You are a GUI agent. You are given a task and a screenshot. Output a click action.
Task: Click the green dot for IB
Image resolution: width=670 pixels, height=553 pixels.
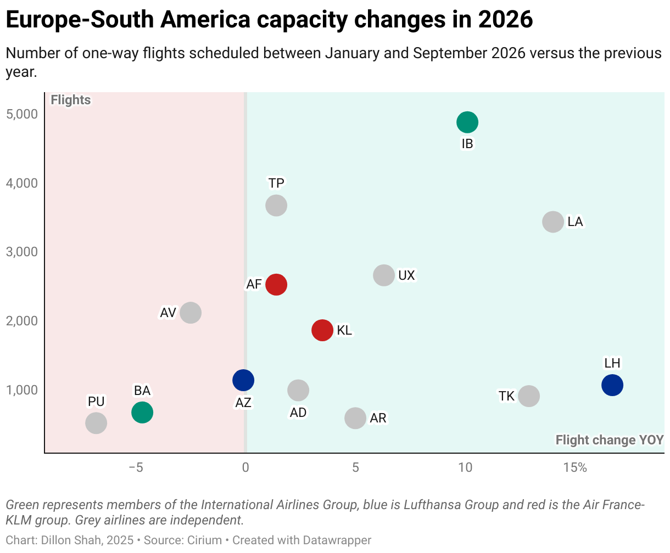point(467,122)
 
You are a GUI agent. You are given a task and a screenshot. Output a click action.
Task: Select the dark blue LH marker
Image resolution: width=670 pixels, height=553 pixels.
point(612,385)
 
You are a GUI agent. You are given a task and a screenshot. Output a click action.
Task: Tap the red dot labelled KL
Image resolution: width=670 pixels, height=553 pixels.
point(322,330)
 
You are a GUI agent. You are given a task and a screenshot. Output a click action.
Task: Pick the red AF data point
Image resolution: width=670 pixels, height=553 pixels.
point(276,284)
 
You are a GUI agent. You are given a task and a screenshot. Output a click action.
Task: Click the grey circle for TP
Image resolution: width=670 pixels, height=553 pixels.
point(276,205)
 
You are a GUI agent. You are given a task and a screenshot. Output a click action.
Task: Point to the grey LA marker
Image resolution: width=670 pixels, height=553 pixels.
point(552,222)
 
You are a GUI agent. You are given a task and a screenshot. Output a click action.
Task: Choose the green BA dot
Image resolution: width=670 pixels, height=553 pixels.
point(142,412)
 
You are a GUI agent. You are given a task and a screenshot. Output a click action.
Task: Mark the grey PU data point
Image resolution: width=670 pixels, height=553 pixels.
point(96,423)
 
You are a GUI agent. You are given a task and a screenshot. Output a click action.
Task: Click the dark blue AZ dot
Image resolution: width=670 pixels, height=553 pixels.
point(243,380)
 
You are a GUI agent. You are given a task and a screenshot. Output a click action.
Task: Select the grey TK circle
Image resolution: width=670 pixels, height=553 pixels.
point(528,396)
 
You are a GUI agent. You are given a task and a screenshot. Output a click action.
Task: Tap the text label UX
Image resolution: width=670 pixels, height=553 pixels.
point(406,275)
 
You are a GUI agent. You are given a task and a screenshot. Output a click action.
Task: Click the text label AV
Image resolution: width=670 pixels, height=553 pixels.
point(168,313)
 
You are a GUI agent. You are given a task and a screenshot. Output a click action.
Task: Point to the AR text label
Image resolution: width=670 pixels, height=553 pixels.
point(378,418)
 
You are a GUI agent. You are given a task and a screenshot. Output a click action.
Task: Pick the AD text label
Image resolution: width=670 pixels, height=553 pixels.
point(298,413)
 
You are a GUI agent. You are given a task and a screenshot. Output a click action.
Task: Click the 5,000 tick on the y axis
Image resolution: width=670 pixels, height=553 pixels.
point(23,114)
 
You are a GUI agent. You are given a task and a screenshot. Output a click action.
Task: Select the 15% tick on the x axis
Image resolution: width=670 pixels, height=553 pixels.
point(574,467)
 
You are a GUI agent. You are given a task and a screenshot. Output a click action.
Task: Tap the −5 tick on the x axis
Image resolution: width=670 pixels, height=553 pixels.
point(136,467)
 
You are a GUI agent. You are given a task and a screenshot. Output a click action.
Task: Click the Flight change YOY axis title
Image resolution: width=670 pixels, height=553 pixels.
point(609,440)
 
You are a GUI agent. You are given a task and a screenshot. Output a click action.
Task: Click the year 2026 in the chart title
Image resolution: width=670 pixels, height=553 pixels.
point(505,20)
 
